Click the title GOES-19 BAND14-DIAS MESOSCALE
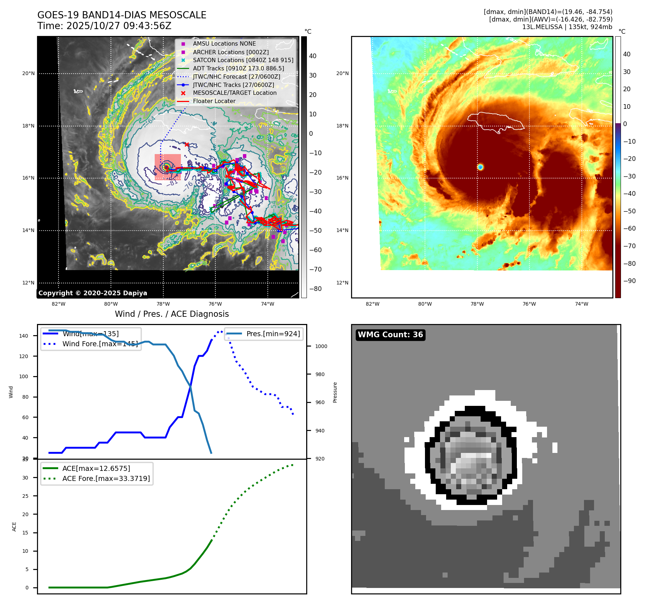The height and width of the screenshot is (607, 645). coord(122,15)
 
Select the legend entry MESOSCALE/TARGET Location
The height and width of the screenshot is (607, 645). coord(234,93)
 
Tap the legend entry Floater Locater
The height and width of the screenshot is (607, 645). coord(214,101)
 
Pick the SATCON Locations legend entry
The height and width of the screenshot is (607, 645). coord(243,60)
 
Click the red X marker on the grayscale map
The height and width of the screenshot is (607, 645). coord(187,144)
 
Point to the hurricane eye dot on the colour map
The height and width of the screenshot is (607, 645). coord(480,167)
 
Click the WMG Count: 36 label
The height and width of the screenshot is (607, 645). coord(390,335)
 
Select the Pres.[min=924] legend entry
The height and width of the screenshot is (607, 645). coord(273,334)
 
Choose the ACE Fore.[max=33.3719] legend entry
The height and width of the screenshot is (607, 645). coord(106,478)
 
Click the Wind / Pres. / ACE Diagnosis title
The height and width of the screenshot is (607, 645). coord(172,314)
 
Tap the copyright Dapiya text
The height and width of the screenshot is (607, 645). coord(93,293)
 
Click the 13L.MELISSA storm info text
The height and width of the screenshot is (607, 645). coord(567,27)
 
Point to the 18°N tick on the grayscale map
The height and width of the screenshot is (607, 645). coord(28,126)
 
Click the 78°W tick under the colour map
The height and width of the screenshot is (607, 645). coord(477,304)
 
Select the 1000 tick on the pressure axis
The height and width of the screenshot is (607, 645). coord(321,346)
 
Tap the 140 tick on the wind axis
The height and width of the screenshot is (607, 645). coord(24,336)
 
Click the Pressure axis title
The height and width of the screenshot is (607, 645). coord(335,392)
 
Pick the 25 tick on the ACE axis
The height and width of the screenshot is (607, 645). coord(25,496)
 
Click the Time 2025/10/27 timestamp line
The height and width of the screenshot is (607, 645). coord(104,26)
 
